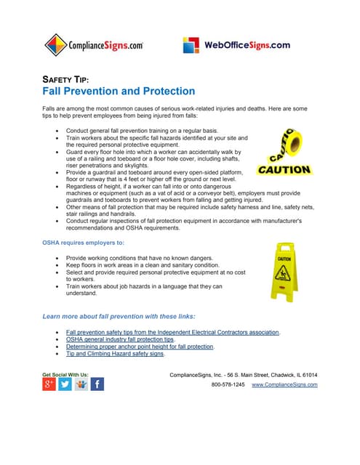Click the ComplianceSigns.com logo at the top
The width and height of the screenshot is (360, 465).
click(x=94, y=45)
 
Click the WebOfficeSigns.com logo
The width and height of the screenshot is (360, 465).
click(x=236, y=45)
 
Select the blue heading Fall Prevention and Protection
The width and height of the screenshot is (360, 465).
click(x=118, y=92)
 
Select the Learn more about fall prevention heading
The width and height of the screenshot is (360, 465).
click(x=119, y=317)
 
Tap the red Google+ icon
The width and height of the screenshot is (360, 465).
click(x=49, y=384)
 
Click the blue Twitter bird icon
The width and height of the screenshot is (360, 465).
click(x=65, y=384)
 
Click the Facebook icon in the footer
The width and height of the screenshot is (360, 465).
click(x=97, y=384)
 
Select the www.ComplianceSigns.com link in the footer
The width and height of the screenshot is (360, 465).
click(x=284, y=384)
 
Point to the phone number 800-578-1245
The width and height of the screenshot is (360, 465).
click(x=228, y=384)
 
